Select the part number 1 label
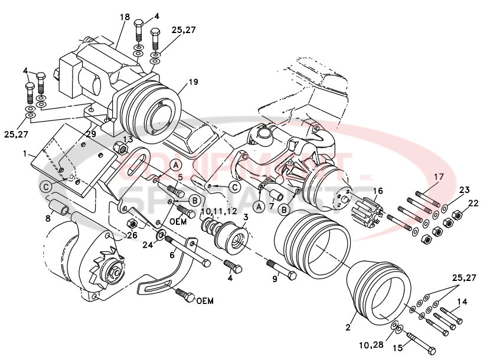point(25,153)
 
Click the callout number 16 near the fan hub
point(377,191)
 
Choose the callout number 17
point(438,177)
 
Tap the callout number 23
point(465,191)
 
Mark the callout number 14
point(462,302)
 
